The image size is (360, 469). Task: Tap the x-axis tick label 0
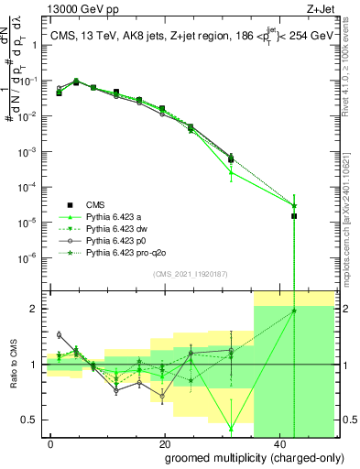pyautogui.click(x=51, y=443)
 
